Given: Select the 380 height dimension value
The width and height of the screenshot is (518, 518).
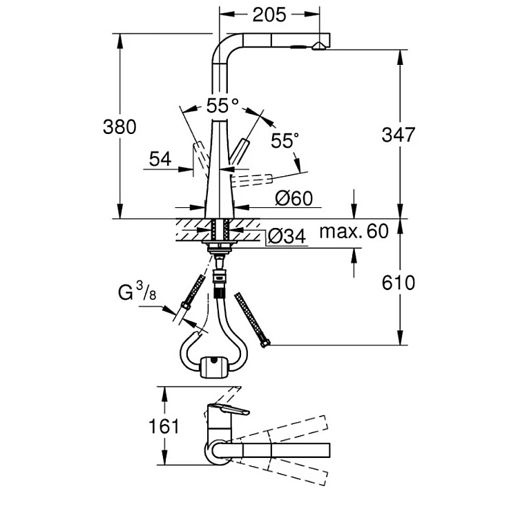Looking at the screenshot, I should [119, 126].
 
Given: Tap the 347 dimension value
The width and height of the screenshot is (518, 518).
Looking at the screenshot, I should [399, 135].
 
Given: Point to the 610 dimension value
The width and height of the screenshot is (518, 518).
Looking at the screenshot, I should [399, 282].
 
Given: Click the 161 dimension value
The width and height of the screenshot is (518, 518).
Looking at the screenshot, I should [164, 425].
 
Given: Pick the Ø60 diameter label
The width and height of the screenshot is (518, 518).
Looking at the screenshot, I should [294, 199].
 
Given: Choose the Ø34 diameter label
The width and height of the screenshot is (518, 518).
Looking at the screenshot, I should [285, 237].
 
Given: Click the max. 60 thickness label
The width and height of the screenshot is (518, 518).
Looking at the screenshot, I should [354, 231].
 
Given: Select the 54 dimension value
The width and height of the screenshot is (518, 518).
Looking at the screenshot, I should [160, 159].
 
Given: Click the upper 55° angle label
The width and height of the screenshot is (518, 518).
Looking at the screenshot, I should [222, 106].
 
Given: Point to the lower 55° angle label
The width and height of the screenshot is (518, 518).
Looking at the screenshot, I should [285, 141].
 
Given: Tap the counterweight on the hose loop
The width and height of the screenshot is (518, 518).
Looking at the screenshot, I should [213, 366].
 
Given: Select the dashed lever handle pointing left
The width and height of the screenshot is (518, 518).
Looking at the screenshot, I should [198, 151].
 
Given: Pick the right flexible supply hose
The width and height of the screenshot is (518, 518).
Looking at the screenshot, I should [253, 319].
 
